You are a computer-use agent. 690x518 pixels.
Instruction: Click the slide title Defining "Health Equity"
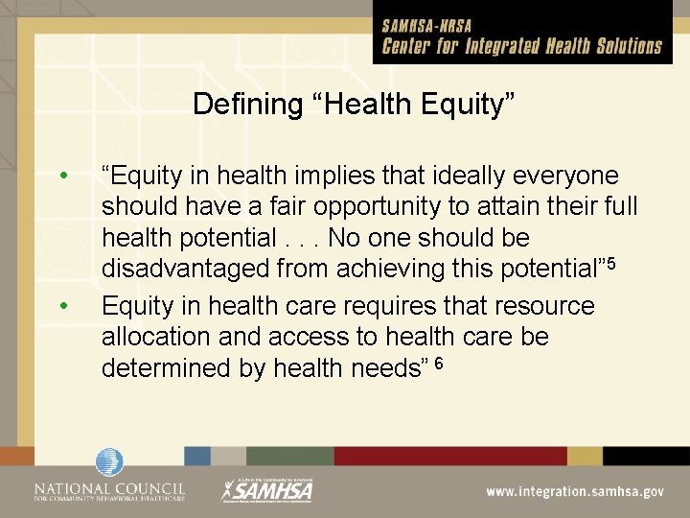click(354, 104)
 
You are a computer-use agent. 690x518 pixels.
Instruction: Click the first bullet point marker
click(62, 177)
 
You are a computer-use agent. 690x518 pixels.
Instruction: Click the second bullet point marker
click(62, 306)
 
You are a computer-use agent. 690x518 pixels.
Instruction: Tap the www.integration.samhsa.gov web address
click(574, 490)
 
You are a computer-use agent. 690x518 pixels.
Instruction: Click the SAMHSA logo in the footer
click(267, 489)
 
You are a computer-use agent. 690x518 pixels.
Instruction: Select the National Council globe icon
click(109, 462)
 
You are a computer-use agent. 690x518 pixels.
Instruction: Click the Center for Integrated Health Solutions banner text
click(522, 46)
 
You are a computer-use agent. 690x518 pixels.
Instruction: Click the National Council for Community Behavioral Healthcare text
click(109, 491)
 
